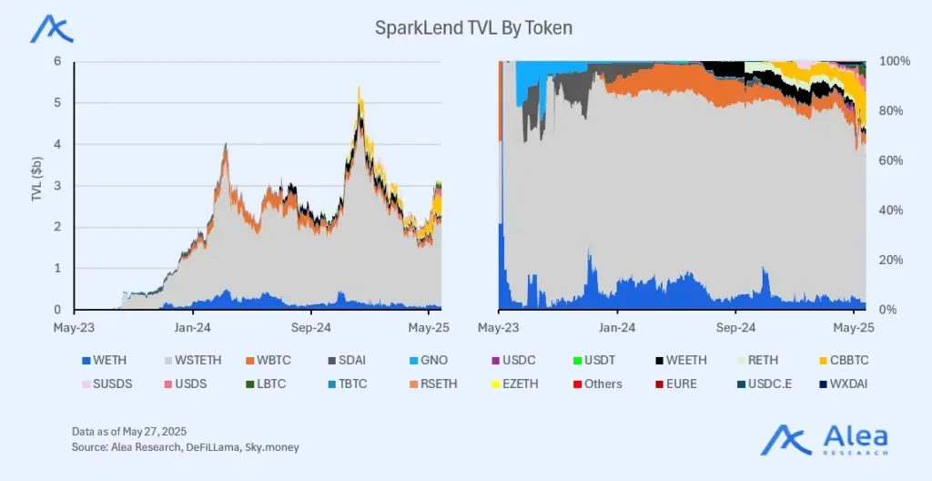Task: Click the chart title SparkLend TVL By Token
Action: coord(473,28)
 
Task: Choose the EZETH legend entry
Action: coord(519,384)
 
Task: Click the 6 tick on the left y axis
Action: coord(56,61)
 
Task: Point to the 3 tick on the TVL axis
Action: coord(56,186)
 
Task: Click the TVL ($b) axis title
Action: coord(37,178)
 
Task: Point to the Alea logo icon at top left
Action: coord(52,29)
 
